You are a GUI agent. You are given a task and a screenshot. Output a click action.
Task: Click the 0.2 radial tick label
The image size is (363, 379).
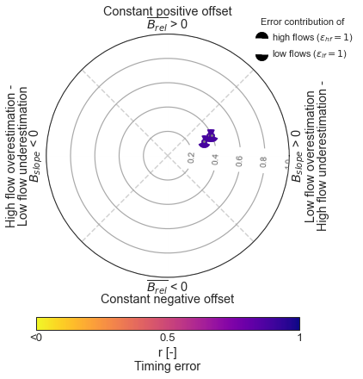pyautogui.click(x=191, y=158)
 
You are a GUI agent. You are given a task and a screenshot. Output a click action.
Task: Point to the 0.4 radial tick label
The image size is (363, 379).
pyautogui.click(x=215, y=159)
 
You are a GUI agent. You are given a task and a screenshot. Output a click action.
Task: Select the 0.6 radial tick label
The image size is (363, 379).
pyautogui.click(x=239, y=161)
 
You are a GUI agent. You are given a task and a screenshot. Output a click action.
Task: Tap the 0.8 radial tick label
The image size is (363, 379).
pyautogui.click(x=263, y=162)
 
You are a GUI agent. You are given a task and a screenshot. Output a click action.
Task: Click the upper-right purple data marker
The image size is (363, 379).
pyautogui.click(x=211, y=135)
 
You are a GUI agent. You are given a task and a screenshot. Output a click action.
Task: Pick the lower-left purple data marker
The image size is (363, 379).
pyautogui.click(x=204, y=142)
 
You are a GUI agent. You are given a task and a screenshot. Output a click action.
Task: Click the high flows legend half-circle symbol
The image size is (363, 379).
pyautogui.click(x=261, y=36)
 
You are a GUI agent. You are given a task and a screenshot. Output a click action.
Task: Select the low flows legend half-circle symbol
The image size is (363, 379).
pyautogui.click(x=261, y=57)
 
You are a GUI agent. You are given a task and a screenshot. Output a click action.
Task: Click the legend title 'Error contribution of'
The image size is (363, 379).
pyautogui.click(x=303, y=22)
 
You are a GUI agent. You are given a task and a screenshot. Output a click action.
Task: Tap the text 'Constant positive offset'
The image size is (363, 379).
pyautogui.click(x=168, y=11)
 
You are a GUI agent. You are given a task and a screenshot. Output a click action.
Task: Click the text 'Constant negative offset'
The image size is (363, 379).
pyautogui.click(x=168, y=299)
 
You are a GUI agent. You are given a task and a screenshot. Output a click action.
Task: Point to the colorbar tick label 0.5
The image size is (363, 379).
pyautogui.click(x=168, y=338)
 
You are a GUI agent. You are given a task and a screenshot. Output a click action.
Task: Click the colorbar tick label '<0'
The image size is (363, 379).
pyautogui.click(x=36, y=338)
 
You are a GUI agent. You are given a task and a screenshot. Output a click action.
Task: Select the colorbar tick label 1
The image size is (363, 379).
pyautogui.click(x=299, y=338)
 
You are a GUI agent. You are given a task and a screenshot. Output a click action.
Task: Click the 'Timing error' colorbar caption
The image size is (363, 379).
pyautogui.click(x=168, y=366)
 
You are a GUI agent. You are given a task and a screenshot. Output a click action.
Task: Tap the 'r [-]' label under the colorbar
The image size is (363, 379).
pyautogui.click(x=168, y=352)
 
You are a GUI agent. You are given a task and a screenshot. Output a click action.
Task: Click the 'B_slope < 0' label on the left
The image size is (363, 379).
pyautogui.click(x=34, y=156)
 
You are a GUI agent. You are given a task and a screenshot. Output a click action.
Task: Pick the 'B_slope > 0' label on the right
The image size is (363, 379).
pyautogui.click(x=297, y=156)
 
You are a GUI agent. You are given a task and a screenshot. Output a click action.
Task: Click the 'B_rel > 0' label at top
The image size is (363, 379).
pyautogui.click(x=167, y=24)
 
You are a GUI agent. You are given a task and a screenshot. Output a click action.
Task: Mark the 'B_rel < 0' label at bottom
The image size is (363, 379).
pyautogui.click(x=167, y=286)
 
